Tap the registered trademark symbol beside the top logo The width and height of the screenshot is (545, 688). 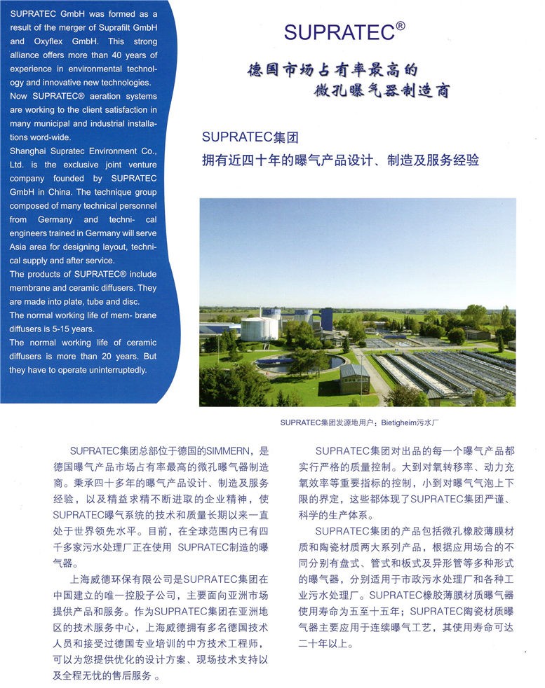click(x=401, y=26)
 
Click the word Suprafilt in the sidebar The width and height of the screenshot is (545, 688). click(x=118, y=27)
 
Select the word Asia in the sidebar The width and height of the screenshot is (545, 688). click(x=20, y=247)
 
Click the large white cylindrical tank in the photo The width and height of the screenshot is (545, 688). click(x=259, y=328)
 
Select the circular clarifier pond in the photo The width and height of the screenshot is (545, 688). click(x=299, y=364)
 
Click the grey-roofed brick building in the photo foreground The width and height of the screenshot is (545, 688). click(x=354, y=378)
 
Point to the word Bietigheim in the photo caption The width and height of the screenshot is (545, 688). click(x=398, y=422)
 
